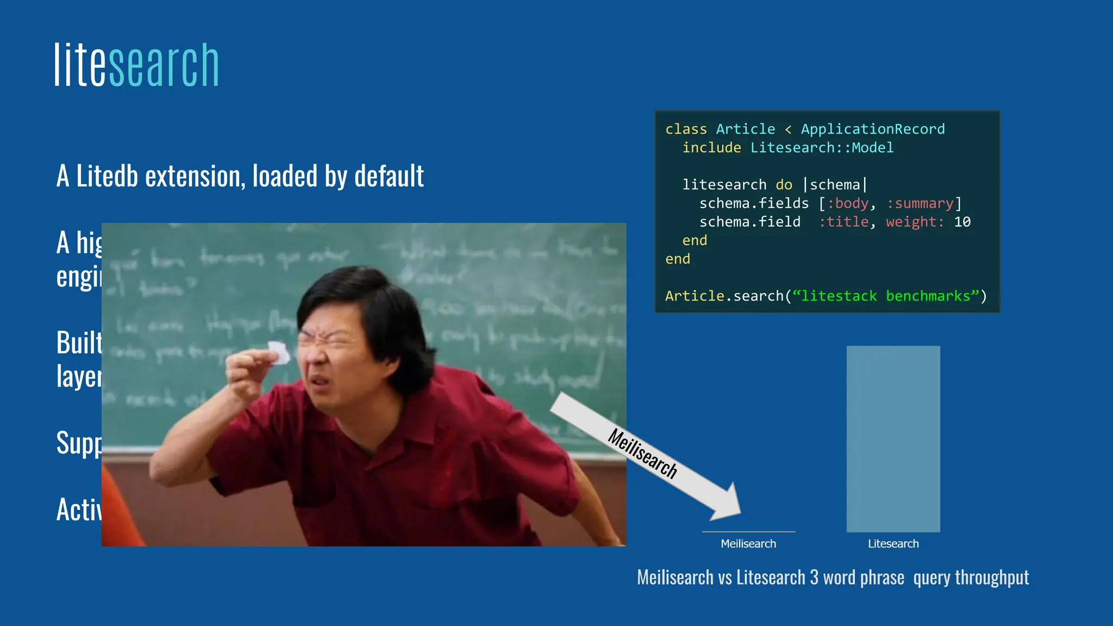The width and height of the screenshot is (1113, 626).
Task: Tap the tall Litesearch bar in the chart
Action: [893, 439]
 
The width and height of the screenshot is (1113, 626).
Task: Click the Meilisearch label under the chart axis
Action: [748, 544]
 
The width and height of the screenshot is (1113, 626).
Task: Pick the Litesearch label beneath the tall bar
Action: [893, 544]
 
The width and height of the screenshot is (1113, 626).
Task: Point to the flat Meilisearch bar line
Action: [748, 531]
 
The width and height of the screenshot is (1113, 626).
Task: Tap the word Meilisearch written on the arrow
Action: [642, 454]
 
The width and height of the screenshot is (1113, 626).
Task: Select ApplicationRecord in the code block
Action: [872, 129]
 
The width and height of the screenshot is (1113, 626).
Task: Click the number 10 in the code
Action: [962, 222]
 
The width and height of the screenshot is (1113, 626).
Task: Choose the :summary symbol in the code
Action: [920, 204]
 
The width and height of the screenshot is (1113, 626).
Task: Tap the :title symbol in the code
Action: [844, 222]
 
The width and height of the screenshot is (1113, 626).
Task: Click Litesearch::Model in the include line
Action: [822, 148]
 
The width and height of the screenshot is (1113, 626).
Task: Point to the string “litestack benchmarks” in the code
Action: [885, 296]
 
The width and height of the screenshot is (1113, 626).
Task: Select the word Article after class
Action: [745, 129]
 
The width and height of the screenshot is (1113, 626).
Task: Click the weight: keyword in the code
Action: [915, 222]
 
